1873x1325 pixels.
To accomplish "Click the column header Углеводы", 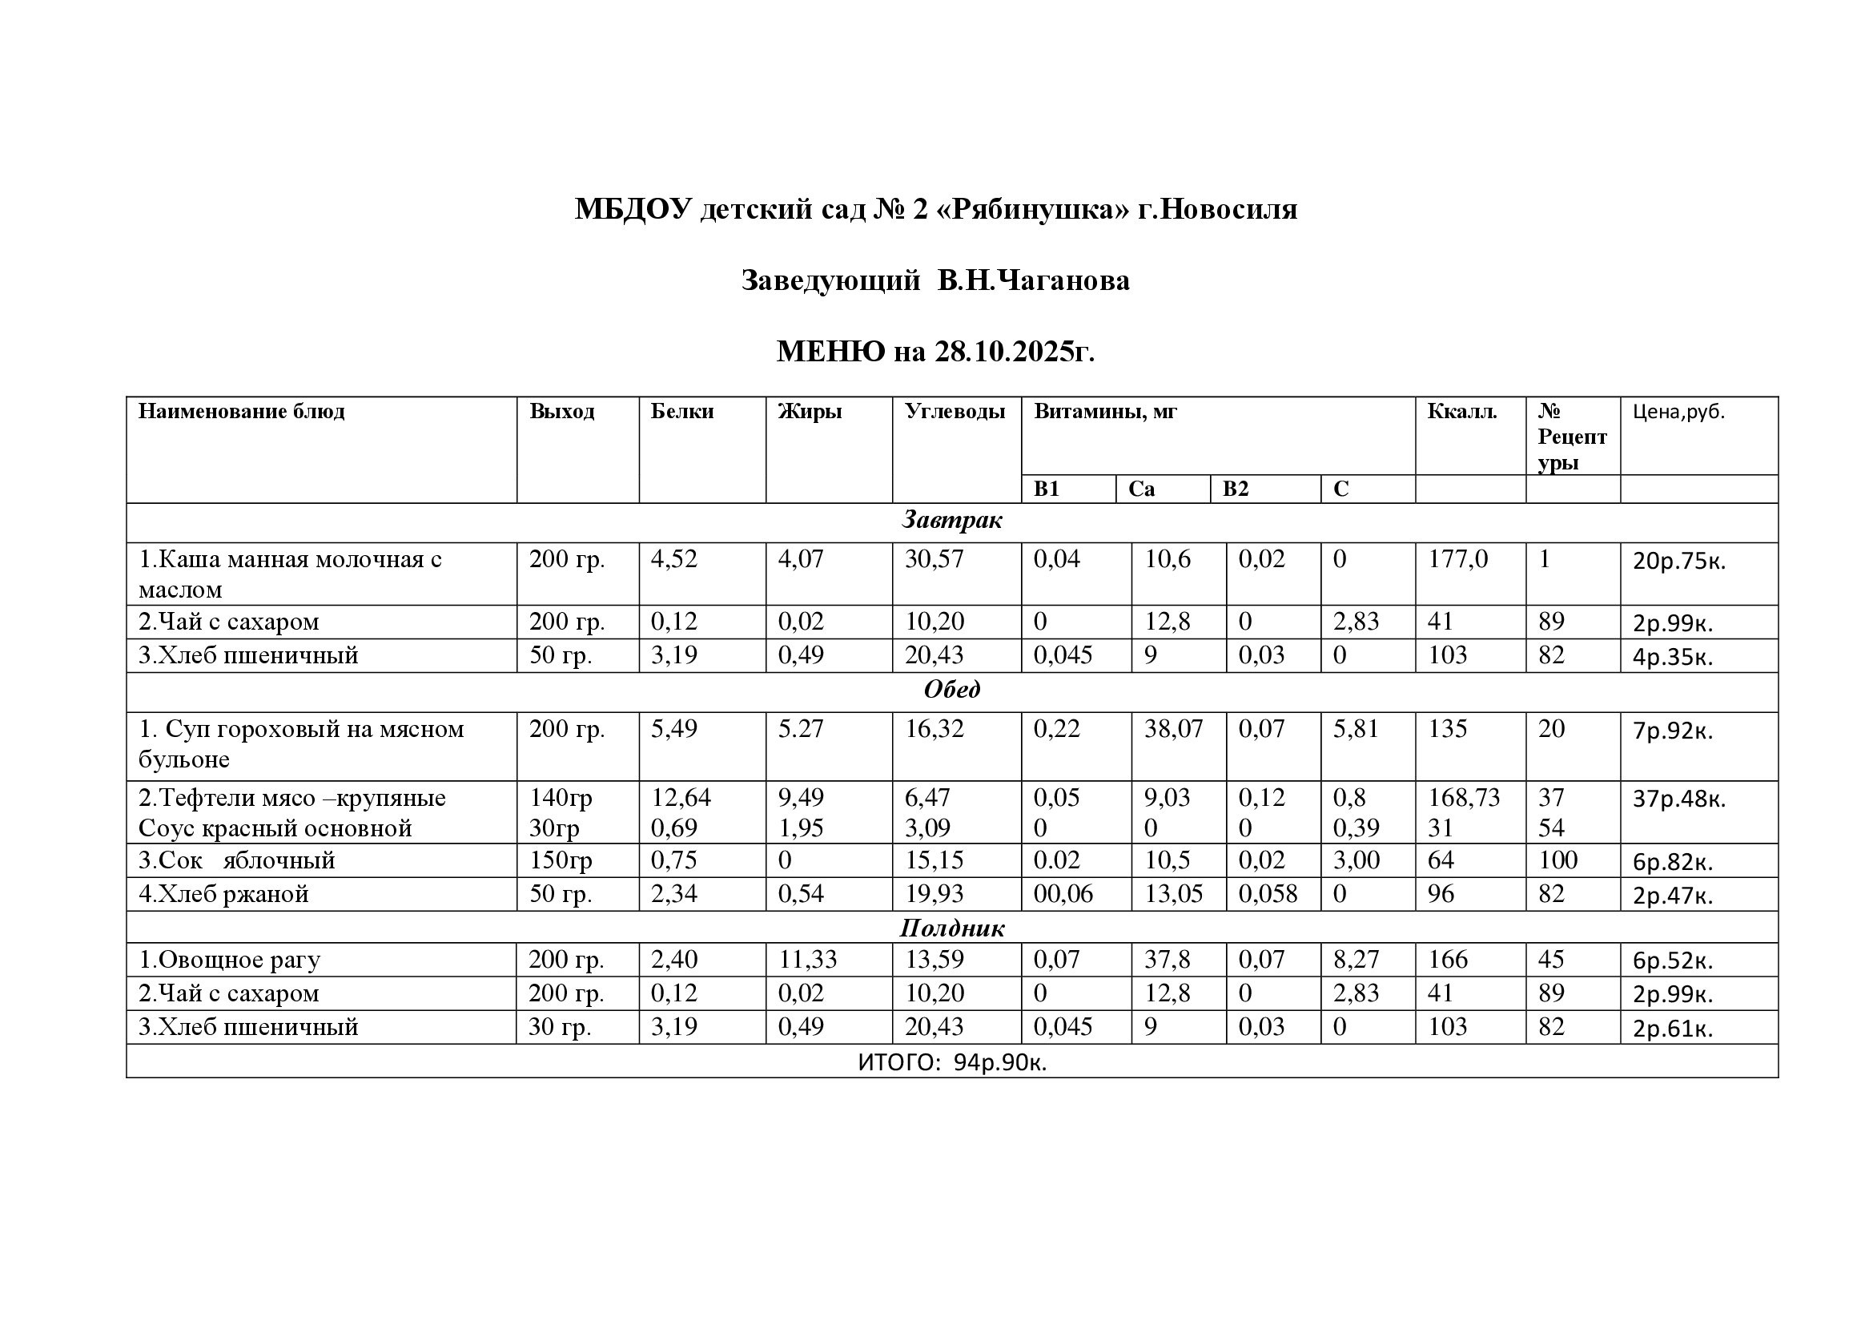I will [x=955, y=411].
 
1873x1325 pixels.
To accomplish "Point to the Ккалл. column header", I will [x=1462, y=411].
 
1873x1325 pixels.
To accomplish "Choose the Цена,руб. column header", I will [x=1679, y=412].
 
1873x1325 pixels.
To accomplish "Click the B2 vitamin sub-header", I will [x=1235, y=489].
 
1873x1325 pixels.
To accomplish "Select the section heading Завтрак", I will [x=951, y=520].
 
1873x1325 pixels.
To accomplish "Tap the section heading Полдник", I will [x=951, y=928].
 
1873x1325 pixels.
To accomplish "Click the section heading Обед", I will [x=951, y=690].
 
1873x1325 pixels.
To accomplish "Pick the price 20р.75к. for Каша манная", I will [x=1679, y=562].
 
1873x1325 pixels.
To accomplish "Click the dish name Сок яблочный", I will [x=236, y=860].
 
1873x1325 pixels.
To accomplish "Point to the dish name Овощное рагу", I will [x=229, y=960].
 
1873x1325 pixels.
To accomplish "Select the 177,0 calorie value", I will [x=1457, y=559].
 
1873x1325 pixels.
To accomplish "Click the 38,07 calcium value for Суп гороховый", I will [x=1173, y=728].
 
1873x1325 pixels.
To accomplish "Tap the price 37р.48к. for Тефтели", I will [x=1679, y=799].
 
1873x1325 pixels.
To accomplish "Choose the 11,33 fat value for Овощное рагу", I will [x=807, y=959].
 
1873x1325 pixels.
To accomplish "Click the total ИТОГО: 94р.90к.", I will [x=952, y=1062].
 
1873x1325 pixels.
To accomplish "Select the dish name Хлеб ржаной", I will [x=223, y=894].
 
